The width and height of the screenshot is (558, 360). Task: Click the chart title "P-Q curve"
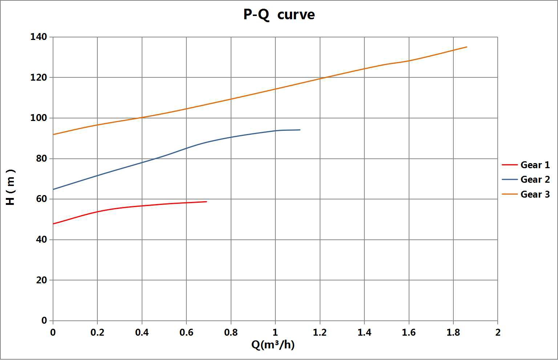279,15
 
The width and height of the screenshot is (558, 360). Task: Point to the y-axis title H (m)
11,187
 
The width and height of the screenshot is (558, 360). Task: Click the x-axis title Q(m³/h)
273,344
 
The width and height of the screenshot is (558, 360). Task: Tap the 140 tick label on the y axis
39,37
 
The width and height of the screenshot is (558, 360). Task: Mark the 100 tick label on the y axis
39,118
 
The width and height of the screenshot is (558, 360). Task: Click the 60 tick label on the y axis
41,199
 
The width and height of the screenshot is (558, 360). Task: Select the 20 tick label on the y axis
41,280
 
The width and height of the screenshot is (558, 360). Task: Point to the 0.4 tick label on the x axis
142,332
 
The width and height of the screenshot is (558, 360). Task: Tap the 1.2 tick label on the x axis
320,332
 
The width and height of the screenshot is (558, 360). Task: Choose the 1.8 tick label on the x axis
453,332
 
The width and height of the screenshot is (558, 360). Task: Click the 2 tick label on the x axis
498,332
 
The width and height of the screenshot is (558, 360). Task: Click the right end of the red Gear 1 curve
206,202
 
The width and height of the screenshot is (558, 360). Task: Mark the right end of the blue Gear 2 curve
300,130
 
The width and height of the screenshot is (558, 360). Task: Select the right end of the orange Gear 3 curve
466,47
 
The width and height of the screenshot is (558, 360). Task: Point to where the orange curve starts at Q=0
53,134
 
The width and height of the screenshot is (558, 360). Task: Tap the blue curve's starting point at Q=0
53,189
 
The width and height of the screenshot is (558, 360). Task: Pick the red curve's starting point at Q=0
53,224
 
